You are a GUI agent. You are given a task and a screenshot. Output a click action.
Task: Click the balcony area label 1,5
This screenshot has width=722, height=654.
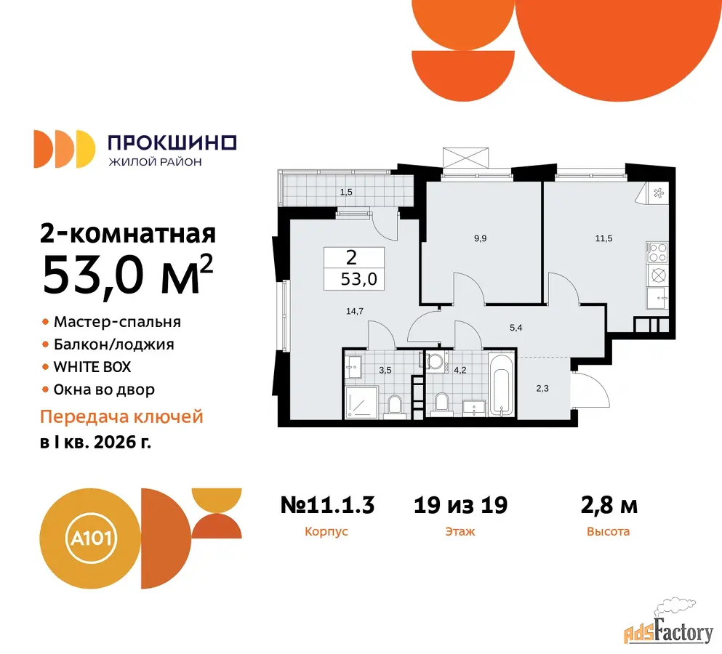[x=346, y=193]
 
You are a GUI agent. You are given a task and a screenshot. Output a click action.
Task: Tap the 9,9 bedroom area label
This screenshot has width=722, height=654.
[x=481, y=238]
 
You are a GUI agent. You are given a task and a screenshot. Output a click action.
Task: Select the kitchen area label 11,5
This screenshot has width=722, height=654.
[x=603, y=238]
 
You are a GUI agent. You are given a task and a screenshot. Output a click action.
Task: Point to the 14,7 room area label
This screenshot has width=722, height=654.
[x=355, y=312]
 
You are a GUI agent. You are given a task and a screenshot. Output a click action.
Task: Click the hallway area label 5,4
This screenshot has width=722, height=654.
[x=516, y=328]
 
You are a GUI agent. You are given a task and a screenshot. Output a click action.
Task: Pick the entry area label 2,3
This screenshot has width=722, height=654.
[x=542, y=389]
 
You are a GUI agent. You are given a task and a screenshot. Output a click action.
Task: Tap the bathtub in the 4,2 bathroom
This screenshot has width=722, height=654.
[x=502, y=384]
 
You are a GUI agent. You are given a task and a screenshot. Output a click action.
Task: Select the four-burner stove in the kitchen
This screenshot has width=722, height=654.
[x=657, y=252]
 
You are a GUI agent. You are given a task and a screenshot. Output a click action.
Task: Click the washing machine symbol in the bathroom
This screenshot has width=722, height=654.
[x=436, y=360]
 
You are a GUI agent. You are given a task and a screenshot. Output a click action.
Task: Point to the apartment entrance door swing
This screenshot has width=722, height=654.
[x=590, y=389]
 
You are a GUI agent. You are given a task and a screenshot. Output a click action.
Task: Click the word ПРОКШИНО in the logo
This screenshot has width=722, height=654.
[x=172, y=143]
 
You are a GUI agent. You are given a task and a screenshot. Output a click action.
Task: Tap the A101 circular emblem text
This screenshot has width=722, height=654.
[x=92, y=538]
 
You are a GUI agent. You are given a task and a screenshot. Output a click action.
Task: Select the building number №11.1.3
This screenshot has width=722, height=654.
[x=327, y=505]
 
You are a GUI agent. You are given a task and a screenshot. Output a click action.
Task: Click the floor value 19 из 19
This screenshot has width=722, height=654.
[x=460, y=505]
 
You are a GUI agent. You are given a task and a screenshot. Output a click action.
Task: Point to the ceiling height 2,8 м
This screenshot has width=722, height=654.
[x=609, y=505]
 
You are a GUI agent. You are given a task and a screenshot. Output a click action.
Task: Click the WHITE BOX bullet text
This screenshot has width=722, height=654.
[x=92, y=367]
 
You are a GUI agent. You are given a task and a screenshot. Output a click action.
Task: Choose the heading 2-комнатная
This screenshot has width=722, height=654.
[x=128, y=233]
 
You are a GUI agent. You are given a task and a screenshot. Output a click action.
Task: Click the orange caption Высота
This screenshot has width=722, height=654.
[x=608, y=532]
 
